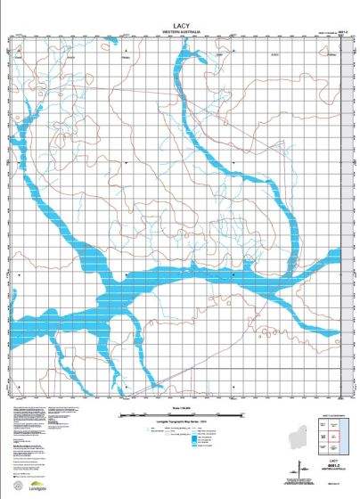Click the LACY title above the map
pyautogui.click(x=180, y=28)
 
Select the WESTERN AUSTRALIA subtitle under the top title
pyautogui.click(x=180, y=33)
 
